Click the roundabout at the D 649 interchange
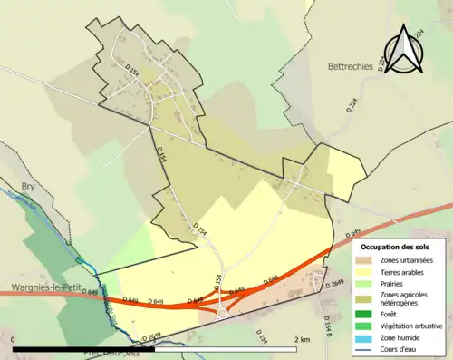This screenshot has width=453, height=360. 220,314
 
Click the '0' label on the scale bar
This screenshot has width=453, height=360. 14,339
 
